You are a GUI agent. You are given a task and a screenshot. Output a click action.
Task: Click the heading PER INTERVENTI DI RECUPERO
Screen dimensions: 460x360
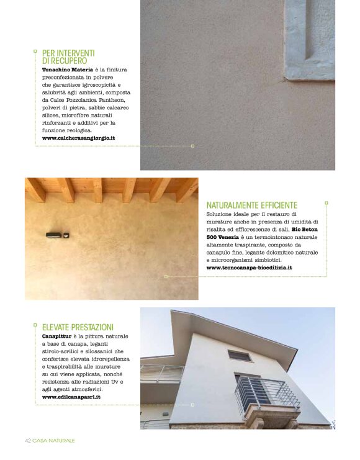click(68, 57)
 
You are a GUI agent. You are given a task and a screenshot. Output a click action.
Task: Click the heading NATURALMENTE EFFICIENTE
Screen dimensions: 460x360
click(251, 205)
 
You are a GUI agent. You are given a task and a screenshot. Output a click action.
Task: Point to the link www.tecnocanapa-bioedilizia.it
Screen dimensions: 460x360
click(248, 268)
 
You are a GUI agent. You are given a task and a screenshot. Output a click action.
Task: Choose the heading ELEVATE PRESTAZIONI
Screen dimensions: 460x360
click(78, 327)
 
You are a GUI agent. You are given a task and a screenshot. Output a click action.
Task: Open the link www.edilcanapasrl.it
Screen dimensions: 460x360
click(71, 396)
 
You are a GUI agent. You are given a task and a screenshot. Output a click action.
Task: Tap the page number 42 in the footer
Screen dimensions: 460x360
click(28, 440)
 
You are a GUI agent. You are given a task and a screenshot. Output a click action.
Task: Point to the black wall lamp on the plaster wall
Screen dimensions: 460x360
click(53, 234)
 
